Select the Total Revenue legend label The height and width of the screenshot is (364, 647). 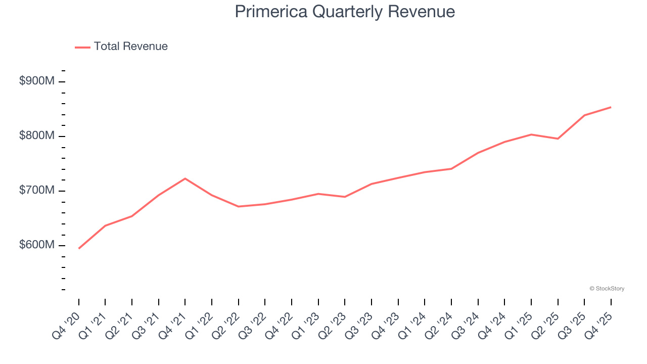(130, 47)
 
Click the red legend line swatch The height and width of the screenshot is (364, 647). (82, 47)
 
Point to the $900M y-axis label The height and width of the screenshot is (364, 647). (36, 81)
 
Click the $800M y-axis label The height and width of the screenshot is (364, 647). (36, 136)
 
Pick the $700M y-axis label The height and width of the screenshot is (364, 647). (36, 191)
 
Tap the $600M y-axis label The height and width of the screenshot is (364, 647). (36, 245)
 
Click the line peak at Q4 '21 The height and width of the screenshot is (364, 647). (185, 178)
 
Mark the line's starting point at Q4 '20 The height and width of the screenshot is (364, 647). (79, 248)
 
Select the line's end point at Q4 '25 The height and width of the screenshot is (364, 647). (611, 107)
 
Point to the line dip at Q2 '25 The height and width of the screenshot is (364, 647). (558, 139)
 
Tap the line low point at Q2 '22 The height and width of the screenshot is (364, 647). (238, 206)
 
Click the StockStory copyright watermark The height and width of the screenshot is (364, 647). (607, 289)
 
